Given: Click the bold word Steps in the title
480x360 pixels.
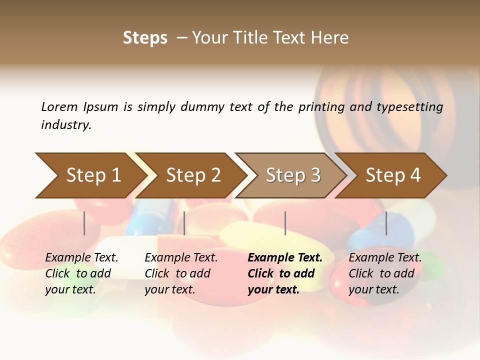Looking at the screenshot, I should click(145, 38).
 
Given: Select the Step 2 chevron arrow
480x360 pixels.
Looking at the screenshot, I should click(193, 175).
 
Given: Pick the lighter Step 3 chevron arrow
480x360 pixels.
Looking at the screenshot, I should click(293, 175).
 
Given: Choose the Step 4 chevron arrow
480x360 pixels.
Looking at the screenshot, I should click(393, 175).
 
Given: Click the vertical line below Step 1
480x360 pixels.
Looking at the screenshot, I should click(84, 223).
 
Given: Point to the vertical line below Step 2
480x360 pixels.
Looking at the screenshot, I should click(184, 223).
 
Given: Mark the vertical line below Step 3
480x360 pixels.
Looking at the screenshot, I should click(285, 223).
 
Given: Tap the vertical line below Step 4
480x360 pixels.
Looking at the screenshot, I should click(386, 223).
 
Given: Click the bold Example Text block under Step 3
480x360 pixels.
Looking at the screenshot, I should click(285, 273).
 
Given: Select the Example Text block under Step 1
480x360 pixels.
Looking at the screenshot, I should click(81, 273).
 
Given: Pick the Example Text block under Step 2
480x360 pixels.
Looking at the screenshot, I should click(181, 273).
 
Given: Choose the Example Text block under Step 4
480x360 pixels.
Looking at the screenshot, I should click(385, 273).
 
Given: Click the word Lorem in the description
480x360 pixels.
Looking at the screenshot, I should click(59, 106).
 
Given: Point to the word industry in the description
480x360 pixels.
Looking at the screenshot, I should click(66, 125).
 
